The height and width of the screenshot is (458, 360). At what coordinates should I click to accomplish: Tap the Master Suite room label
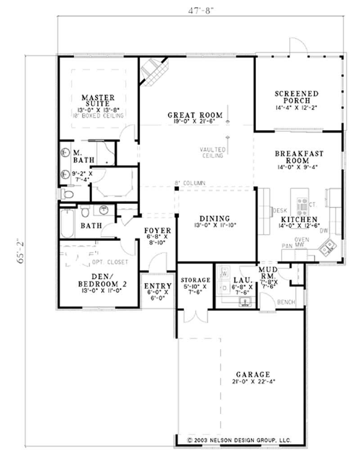tap(98, 100)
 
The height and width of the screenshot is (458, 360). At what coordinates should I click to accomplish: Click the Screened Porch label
tap(297, 97)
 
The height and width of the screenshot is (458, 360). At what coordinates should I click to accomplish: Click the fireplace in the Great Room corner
tap(153, 70)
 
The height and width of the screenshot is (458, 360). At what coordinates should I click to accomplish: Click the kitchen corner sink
tap(327, 246)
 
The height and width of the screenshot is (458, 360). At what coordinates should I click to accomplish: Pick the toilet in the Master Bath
tap(67, 194)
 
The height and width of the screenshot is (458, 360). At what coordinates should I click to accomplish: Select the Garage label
tap(252, 374)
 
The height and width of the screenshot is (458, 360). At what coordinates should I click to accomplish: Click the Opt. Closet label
tap(110, 262)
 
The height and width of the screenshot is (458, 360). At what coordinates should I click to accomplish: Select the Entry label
tap(157, 286)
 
